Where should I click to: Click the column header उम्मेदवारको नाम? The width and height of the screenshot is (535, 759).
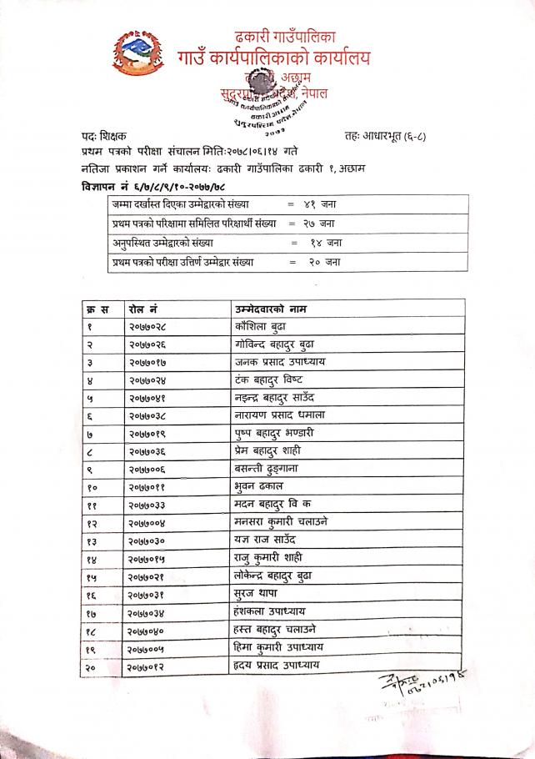point(278,307)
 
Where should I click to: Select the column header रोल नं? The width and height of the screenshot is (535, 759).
point(138,307)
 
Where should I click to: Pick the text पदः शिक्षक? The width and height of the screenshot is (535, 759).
point(99,135)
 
